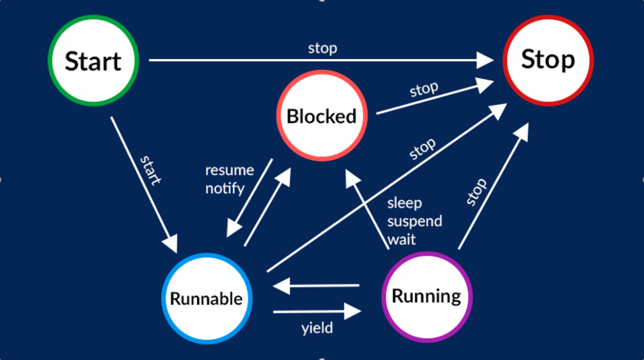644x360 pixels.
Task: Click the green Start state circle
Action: tap(93, 61)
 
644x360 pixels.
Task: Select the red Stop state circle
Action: tap(548, 60)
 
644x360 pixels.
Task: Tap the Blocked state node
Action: tap(321, 116)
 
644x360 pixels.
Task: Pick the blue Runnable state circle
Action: tap(206, 298)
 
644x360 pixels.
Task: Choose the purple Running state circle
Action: tap(426, 296)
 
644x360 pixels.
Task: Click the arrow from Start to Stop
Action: tap(321, 60)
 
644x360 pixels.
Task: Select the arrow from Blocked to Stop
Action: tap(434, 97)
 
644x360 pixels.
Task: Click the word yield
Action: tap(316, 328)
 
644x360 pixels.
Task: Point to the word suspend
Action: tap(414, 222)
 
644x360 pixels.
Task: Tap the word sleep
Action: tap(404, 203)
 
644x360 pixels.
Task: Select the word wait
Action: tap(401, 239)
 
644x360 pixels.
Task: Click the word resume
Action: tap(230, 170)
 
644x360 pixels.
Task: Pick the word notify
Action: tap(225, 188)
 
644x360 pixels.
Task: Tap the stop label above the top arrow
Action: tap(322, 48)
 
